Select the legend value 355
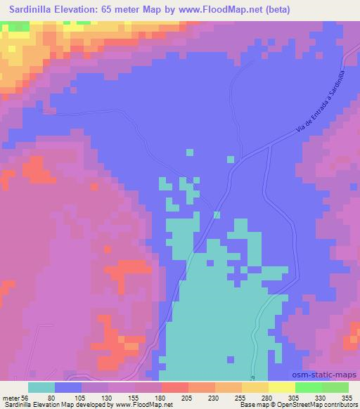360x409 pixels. click(x=347, y=398)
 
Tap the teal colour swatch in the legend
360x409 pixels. click(x=41, y=387)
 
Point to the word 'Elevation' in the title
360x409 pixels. click(x=83, y=9)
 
